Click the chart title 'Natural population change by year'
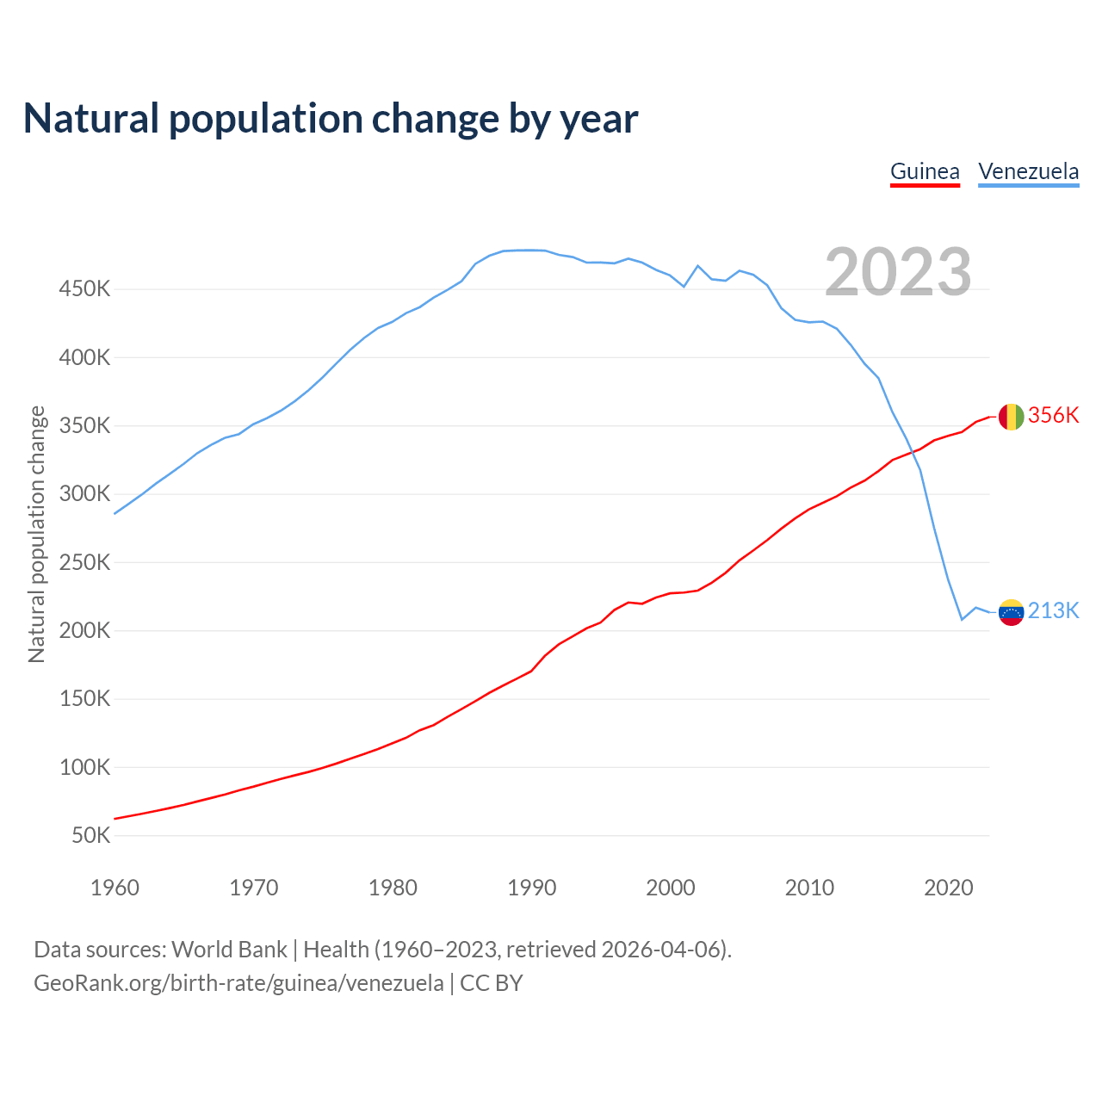[x=331, y=119]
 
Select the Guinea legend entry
[x=925, y=171]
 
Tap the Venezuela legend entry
[x=1028, y=171]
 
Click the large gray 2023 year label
[x=898, y=272]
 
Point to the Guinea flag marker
[x=1011, y=417]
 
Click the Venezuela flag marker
[x=1011, y=612]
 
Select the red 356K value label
[x=1053, y=415]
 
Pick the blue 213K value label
[x=1053, y=610]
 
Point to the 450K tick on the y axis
[x=84, y=289]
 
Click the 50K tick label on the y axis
[x=90, y=836]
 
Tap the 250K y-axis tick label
[x=84, y=563]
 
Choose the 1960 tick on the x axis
[x=115, y=888]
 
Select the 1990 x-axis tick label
[x=531, y=888]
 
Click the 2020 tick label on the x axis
[x=948, y=888]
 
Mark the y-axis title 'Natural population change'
[x=37, y=534]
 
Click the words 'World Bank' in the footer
[x=229, y=950]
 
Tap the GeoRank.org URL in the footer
[x=238, y=983]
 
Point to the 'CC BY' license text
[x=492, y=983]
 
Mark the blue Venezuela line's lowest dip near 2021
[x=962, y=619]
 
